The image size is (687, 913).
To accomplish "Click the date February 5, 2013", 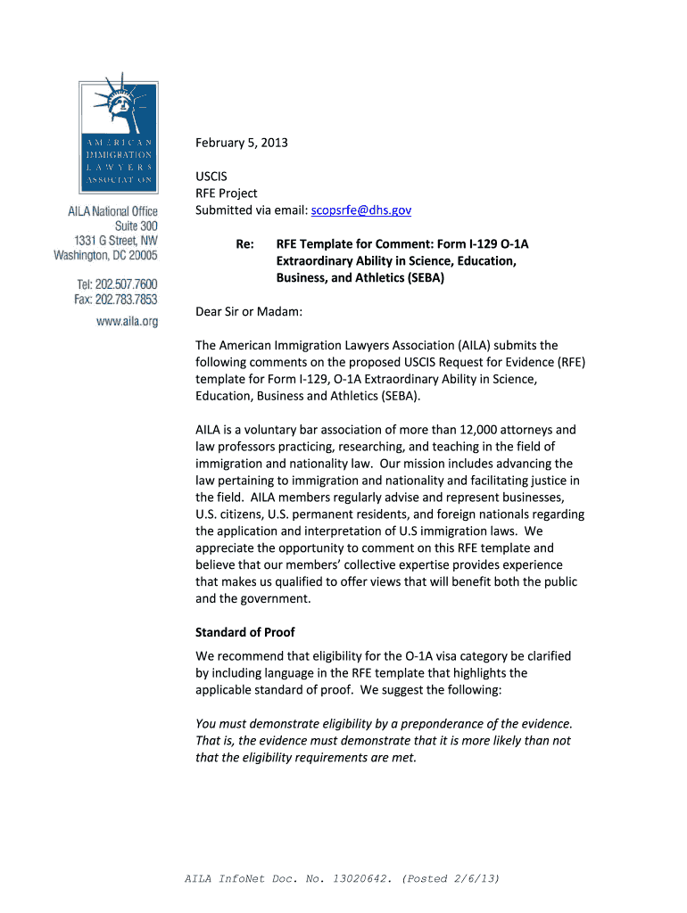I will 242,144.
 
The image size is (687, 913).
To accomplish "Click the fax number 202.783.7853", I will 128,299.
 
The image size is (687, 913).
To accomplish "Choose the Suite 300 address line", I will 135,226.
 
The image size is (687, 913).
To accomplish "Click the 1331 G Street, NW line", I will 116,241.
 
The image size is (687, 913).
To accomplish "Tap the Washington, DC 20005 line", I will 105,255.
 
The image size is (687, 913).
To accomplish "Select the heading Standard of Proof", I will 244,632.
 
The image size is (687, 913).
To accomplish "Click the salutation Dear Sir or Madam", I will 249,311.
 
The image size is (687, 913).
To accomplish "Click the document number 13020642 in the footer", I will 359,878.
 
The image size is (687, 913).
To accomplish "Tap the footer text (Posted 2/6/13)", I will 451,878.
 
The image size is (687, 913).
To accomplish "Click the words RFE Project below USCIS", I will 227,193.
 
